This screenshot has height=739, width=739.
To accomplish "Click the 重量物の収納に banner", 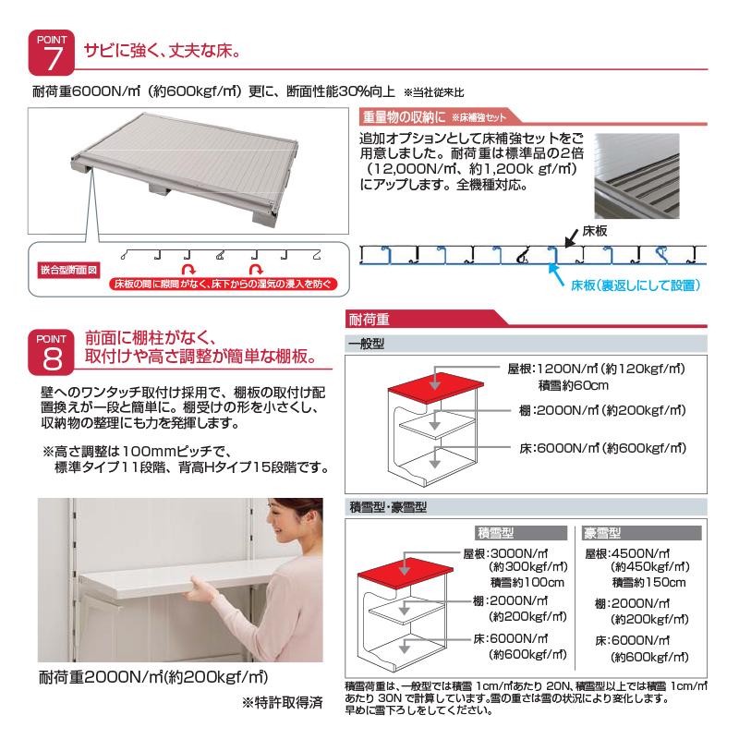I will [x=404, y=117].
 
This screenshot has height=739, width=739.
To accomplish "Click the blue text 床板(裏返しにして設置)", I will [x=635, y=285].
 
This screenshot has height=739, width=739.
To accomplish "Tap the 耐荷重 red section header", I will [x=369, y=321].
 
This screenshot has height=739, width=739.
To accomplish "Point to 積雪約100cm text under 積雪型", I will [x=527, y=582].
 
